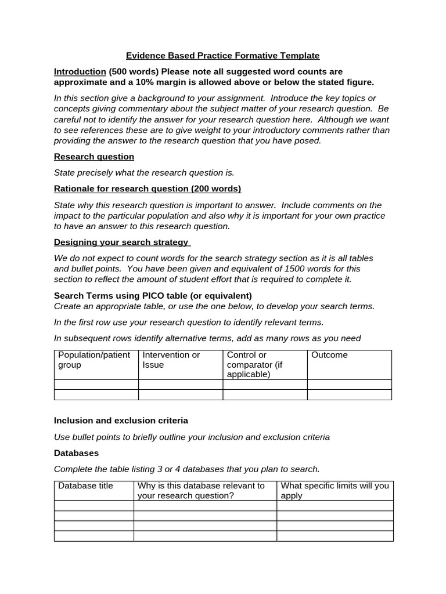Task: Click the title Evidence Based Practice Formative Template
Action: (x=223, y=56)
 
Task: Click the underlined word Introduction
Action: (x=80, y=72)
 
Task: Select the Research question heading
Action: (x=94, y=157)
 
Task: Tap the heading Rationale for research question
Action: (x=148, y=189)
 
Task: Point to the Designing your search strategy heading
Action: (x=121, y=242)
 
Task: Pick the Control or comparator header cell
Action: (x=264, y=364)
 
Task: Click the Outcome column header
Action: (x=329, y=355)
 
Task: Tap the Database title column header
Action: (x=85, y=486)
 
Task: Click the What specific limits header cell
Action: (x=334, y=490)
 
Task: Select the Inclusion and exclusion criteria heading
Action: (x=121, y=421)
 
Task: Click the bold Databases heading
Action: (x=76, y=452)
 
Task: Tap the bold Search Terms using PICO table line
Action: (x=153, y=295)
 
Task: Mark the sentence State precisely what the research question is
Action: (x=144, y=172)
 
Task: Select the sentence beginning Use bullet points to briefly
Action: (x=192, y=437)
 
